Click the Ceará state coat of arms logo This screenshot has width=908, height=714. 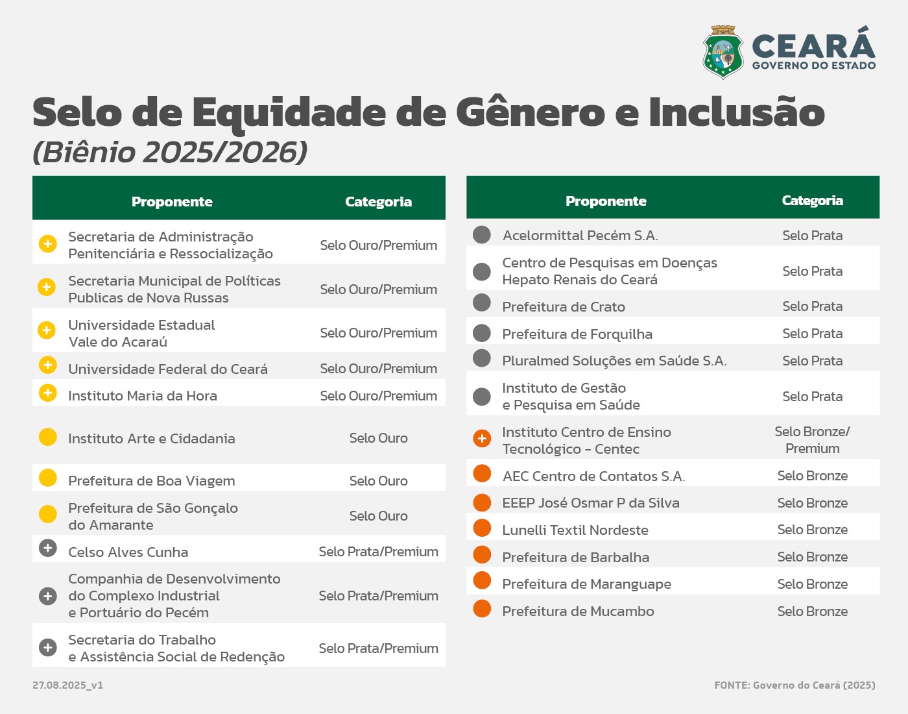pyautogui.click(x=723, y=53)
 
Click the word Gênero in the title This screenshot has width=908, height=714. pyautogui.click(x=531, y=112)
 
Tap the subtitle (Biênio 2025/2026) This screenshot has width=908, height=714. pyautogui.click(x=170, y=153)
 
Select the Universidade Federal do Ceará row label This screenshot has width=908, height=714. pyautogui.click(x=168, y=369)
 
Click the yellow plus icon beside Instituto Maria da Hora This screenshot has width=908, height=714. pyautogui.click(x=47, y=393)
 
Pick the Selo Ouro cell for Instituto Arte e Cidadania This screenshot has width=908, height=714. pyautogui.click(x=378, y=438)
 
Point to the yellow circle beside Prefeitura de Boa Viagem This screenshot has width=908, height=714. pyautogui.click(x=47, y=478)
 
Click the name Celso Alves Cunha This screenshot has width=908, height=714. pyautogui.click(x=128, y=552)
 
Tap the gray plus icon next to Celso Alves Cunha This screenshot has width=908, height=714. pyautogui.click(x=47, y=548)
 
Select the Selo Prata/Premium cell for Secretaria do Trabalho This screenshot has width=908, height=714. pyautogui.click(x=378, y=648)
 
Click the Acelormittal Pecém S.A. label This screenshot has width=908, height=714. pyautogui.click(x=580, y=236)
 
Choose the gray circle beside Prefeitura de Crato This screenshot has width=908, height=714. pyautogui.click(x=482, y=302)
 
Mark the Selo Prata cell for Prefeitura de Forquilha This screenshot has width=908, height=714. pyautogui.click(x=812, y=334)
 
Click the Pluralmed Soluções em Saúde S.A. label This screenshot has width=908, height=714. pyautogui.click(x=614, y=361)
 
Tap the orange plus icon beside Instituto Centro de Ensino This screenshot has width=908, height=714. pyautogui.click(x=482, y=439)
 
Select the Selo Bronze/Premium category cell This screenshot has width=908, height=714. pyautogui.click(x=812, y=440)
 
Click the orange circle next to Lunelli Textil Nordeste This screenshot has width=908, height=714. pyautogui.click(x=482, y=528)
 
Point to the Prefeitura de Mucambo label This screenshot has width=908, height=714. pyautogui.click(x=578, y=611)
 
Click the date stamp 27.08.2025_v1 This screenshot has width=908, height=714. pyautogui.click(x=67, y=685)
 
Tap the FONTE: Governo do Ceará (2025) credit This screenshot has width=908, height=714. pyautogui.click(x=794, y=685)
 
